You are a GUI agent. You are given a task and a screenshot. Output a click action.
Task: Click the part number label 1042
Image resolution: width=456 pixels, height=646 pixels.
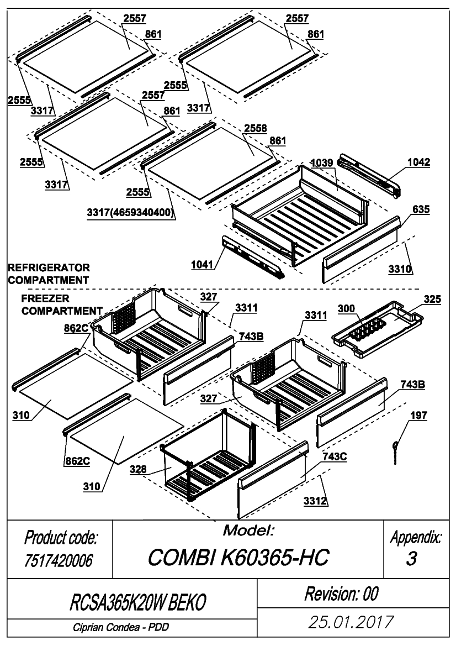point(418,162)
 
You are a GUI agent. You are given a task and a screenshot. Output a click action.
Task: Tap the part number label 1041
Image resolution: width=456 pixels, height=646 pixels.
point(203,264)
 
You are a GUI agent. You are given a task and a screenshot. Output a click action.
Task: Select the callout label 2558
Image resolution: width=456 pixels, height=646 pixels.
point(255,129)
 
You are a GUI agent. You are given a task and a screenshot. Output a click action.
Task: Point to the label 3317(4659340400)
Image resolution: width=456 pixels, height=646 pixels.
point(130,213)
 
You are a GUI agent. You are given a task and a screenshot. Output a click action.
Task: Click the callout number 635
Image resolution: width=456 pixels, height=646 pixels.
point(421,209)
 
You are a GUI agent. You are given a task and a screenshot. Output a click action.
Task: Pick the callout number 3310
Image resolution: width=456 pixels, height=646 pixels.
point(400,269)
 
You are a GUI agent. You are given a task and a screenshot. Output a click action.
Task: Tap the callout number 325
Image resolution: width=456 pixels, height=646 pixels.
point(432,300)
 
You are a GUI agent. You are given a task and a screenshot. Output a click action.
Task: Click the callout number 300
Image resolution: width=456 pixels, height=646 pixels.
point(346,308)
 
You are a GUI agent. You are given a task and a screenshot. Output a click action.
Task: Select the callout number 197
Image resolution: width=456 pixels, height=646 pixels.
point(418,416)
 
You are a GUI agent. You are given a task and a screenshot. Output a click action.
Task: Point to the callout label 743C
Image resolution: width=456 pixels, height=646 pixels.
point(334,456)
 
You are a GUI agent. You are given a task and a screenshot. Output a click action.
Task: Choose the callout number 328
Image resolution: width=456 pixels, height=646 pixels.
point(138,469)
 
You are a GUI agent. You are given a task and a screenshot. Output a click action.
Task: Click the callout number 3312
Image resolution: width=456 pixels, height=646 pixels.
point(316,501)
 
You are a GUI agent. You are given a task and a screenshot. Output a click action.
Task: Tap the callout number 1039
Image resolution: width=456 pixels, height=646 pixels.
point(321,162)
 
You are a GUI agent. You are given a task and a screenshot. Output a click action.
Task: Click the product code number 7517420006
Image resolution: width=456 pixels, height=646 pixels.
point(59,561)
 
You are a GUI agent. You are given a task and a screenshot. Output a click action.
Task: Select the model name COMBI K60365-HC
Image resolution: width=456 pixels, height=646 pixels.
point(238,558)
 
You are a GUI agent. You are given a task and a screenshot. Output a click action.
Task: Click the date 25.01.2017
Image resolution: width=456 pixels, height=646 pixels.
point(351,622)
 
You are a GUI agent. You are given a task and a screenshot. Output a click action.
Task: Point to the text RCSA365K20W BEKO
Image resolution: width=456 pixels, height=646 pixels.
point(137,603)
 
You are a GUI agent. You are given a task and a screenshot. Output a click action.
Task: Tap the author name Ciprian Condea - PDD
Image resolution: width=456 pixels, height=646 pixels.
point(121,627)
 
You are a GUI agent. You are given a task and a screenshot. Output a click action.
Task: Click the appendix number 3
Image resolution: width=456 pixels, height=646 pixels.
point(411,559)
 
